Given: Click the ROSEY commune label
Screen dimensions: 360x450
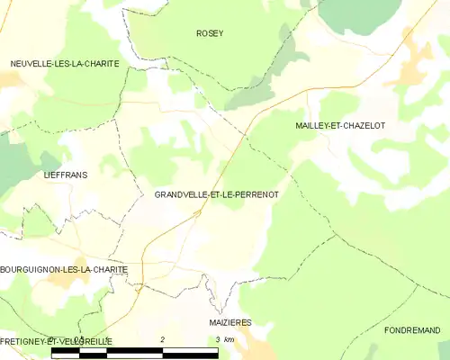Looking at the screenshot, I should [x=210, y=33].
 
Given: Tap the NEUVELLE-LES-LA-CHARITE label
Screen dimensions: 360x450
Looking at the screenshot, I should [x=65, y=63].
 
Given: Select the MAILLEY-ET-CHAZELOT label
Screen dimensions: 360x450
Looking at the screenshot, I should [x=340, y=126].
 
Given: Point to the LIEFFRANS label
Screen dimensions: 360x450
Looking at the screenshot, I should [x=66, y=175].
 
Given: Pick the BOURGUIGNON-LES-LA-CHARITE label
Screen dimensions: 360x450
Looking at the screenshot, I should [x=64, y=269].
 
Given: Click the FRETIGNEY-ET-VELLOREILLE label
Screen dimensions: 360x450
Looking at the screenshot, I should [x=56, y=341].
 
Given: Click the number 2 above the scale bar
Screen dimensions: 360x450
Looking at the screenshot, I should [x=162, y=339].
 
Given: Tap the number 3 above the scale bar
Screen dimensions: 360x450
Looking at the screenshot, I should [x=217, y=339].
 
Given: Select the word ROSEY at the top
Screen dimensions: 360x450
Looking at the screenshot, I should [x=210, y=33].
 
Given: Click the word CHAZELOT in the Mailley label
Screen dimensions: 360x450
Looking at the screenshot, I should [x=364, y=126].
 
